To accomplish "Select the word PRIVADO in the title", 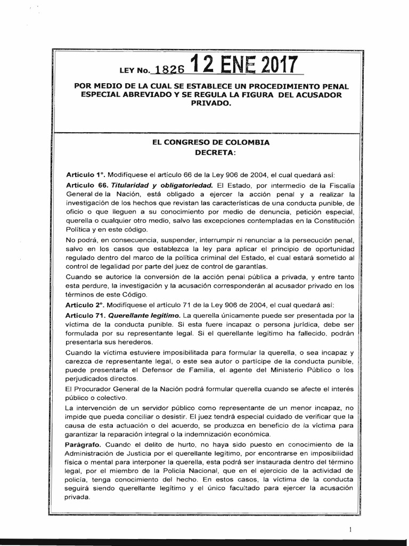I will (x=211, y=103).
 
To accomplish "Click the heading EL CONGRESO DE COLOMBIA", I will (x=211, y=142).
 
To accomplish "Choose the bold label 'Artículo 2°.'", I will (x=85, y=304).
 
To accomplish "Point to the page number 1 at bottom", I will (x=350, y=529).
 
